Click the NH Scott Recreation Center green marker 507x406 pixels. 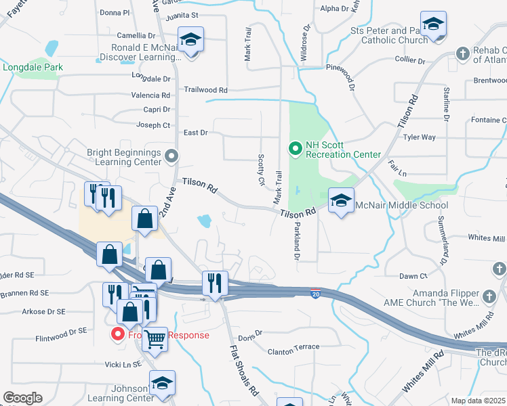click(296, 148)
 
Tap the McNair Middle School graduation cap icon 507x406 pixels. click(341, 200)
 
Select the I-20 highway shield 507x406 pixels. click(316, 294)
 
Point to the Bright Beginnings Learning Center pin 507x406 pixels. click(171, 158)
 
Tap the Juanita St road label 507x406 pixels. click(181, 15)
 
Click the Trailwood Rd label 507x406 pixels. click(206, 89)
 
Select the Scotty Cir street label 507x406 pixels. click(261, 168)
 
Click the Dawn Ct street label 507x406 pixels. click(413, 276)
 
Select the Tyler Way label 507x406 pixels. click(419, 137)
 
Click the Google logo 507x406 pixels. click(22, 398)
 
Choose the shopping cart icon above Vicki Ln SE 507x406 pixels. click(155, 338)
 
